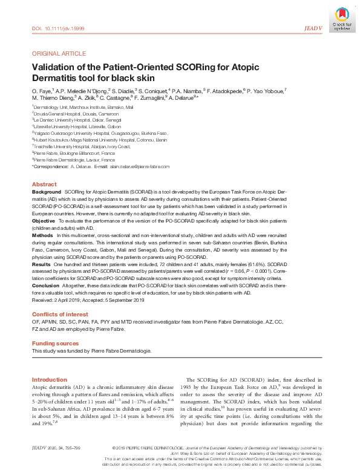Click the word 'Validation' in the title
(x=52, y=67)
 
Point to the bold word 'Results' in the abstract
(x=41, y=264)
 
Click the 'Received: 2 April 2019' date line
(x=61, y=299)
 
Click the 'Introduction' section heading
(x=49, y=379)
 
